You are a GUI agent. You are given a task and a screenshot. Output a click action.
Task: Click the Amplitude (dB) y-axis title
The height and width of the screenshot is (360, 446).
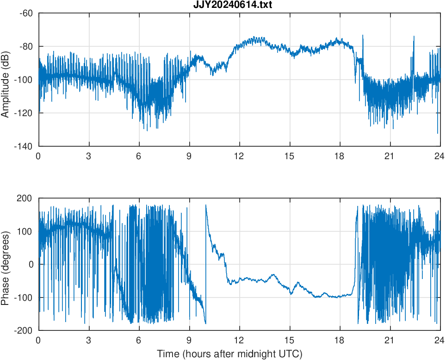click(6, 80)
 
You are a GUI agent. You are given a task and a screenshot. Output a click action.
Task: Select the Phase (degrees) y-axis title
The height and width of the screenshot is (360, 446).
click(6, 264)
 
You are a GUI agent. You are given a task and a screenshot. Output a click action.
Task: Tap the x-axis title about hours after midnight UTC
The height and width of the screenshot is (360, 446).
click(229, 354)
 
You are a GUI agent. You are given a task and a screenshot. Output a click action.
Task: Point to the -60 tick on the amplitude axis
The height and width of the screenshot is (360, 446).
click(26, 13)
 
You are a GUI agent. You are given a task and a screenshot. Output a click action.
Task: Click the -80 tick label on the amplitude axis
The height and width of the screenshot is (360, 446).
click(26, 46)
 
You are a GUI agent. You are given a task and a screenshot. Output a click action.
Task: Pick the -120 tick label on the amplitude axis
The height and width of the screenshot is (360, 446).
click(24, 113)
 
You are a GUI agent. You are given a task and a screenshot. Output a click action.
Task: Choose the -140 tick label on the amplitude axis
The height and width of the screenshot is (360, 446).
click(24, 146)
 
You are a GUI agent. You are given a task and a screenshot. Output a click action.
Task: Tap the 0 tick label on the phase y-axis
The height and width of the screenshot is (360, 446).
click(31, 264)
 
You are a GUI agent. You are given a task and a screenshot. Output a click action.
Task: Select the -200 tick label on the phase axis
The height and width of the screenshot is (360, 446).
click(24, 330)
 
